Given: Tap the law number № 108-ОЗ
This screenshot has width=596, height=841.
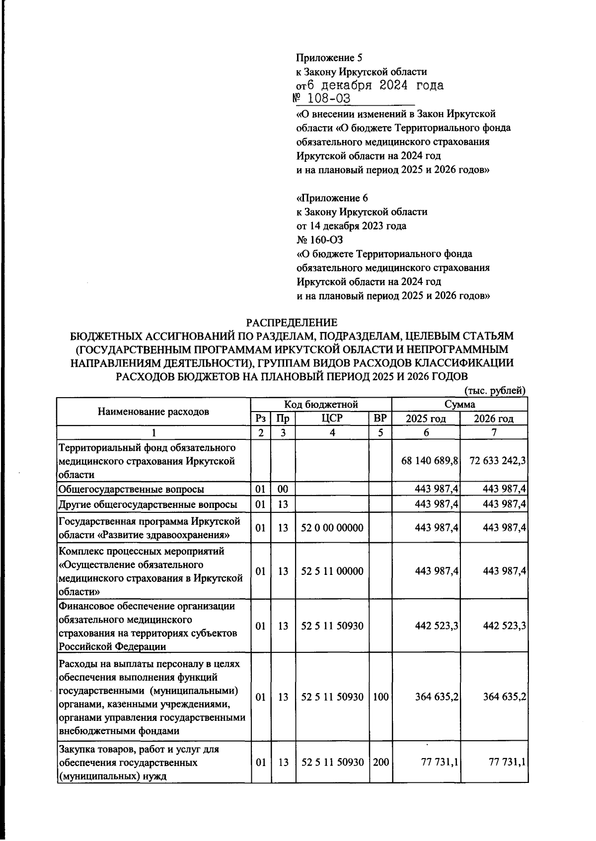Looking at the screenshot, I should (323, 99).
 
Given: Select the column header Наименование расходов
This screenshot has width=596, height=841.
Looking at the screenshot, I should (153, 411).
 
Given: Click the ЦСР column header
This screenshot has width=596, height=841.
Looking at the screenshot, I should (332, 419).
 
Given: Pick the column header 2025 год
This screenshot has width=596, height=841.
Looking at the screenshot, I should (426, 419).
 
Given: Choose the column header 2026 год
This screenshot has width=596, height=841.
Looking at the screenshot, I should (494, 419).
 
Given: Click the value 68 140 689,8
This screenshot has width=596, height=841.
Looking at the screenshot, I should (429, 461).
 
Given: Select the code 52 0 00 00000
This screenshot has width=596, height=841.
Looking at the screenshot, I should (332, 528).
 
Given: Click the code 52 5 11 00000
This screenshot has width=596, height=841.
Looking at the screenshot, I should (332, 571).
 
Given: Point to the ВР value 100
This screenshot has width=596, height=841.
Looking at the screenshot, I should (380, 697).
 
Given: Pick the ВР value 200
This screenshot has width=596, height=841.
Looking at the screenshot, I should (380, 762).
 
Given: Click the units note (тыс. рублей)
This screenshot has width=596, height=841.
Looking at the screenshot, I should (494, 391).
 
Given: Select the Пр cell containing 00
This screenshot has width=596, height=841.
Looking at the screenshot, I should (283, 490).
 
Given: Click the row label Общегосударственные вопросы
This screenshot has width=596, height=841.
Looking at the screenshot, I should (132, 490).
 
